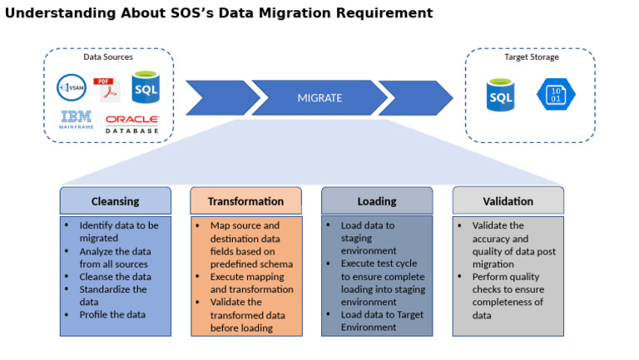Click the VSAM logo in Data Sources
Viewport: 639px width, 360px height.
coord(72,87)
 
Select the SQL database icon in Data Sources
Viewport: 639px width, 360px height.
coord(145,87)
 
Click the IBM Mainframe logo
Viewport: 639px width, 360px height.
coord(76,120)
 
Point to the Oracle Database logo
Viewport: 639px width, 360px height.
coord(132,124)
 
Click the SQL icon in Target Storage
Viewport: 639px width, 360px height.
coord(501,96)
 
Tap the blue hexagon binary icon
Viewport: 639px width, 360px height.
coord(555,94)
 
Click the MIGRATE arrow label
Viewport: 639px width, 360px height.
coord(319,98)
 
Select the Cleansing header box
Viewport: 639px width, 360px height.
coord(115,201)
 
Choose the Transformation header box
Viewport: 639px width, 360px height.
coord(245,201)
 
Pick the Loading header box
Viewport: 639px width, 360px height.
coord(376,201)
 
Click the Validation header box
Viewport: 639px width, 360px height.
coord(508,201)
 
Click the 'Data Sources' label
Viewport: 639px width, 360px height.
coord(108,57)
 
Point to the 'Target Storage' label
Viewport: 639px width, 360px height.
coord(531,57)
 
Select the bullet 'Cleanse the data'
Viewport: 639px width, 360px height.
coord(115,277)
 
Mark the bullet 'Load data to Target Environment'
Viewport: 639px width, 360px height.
coord(381,321)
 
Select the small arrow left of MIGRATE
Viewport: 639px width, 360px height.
coord(218,98)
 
